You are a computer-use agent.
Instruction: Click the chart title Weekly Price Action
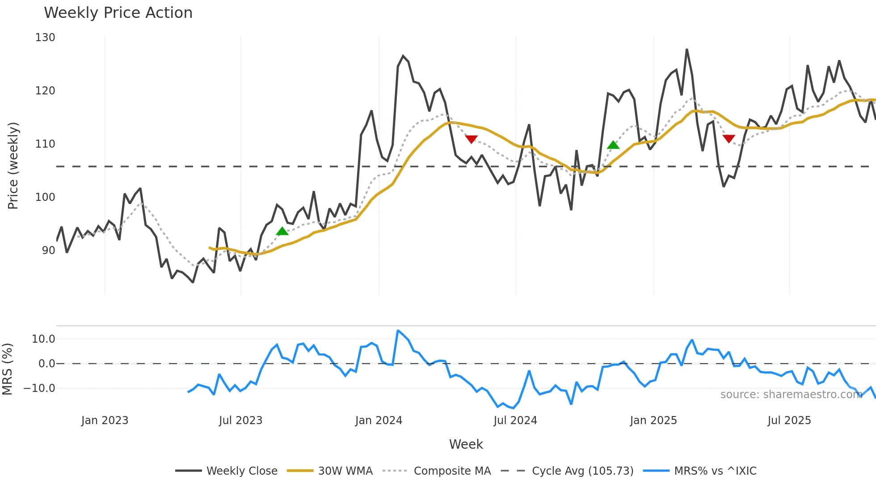pyautogui.click(x=118, y=13)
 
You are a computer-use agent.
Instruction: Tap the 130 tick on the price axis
pyautogui.click(x=45, y=38)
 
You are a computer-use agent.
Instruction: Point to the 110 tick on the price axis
pyautogui.click(x=45, y=144)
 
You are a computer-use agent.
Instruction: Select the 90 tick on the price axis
pyautogui.click(x=48, y=251)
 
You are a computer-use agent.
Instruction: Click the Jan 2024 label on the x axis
pyautogui.click(x=379, y=421)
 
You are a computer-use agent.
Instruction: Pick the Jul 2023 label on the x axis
pyautogui.click(x=240, y=421)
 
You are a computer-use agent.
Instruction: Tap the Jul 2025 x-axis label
pyautogui.click(x=789, y=421)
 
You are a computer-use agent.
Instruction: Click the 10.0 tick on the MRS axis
pyautogui.click(x=43, y=339)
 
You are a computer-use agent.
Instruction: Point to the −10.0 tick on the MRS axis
pyautogui.click(x=39, y=388)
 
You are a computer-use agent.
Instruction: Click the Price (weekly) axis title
pyautogui.click(x=13, y=166)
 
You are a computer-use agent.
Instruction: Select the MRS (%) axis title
pyautogui.click(x=8, y=369)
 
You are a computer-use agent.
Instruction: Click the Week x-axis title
pyautogui.click(x=466, y=444)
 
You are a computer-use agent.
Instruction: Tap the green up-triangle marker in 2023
pyautogui.click(x=282, y=231)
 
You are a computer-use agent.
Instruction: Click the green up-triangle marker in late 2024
pyautogui.click(x=613, y=144)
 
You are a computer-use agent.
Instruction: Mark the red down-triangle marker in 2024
pyautogui.click(x=471, y=139)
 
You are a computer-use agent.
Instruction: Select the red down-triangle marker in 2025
pyautogui.click(x=729, y=139)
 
